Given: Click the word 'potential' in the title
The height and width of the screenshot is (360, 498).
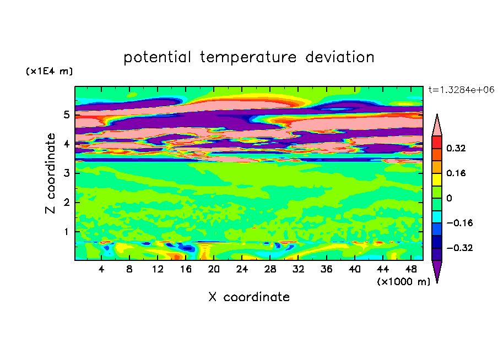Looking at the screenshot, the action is pyautogui.click(x=157, y=57).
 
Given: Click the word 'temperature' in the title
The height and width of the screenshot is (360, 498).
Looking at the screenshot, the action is pyautogui.click(x=248, y=57).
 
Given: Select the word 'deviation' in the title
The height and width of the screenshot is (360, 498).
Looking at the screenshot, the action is pyautogui.click(x=339, y=57).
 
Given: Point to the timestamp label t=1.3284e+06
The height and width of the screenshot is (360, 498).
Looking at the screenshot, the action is pyautogui.click(x=461, y=90).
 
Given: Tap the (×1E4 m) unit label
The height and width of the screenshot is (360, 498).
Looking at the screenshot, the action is pyautogui.click(x=49, y=71).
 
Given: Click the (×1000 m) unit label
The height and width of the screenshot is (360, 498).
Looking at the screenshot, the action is pyautogui.click(x=403, y=282).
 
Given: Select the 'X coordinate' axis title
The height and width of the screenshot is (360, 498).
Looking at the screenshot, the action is pyautogui.click(x=249, y=297).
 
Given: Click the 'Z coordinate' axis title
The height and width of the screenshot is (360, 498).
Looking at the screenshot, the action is pyautogui.click(x=50, y=173).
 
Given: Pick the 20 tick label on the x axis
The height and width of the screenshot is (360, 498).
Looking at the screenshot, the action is pyautogui.click(x=214, y=269).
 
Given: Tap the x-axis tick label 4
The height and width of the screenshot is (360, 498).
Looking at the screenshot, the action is pyautogui.click(x=101, y=269).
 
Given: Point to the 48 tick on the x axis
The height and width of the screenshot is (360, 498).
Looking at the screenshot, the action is pyautogui.click(x=411, y=269).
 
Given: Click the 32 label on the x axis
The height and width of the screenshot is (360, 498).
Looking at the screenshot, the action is pyautogui.click(x=298, y=269).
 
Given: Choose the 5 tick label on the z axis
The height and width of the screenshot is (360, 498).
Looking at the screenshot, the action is pyautogui.click(x=66, y=114).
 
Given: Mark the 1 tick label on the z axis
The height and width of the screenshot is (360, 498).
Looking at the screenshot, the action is pyautogui.click(x=66, y=232).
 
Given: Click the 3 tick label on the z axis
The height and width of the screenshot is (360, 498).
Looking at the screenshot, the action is pyautogui.click(x=66, y=173).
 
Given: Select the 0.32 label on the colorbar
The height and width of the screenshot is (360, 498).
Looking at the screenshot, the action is pyautogui.click(x=456, y=148).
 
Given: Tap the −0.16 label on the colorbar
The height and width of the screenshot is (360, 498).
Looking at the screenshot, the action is pyautogui.click(x=459, y=223).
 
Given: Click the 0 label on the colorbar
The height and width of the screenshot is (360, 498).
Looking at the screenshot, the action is pyautogui.click(x=449, y=198).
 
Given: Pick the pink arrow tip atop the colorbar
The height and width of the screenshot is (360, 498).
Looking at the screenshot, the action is pyautogui.click(x=437, y=114).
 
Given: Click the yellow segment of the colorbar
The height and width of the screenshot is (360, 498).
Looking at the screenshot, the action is pyautogui.click(x=437, y=179).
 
